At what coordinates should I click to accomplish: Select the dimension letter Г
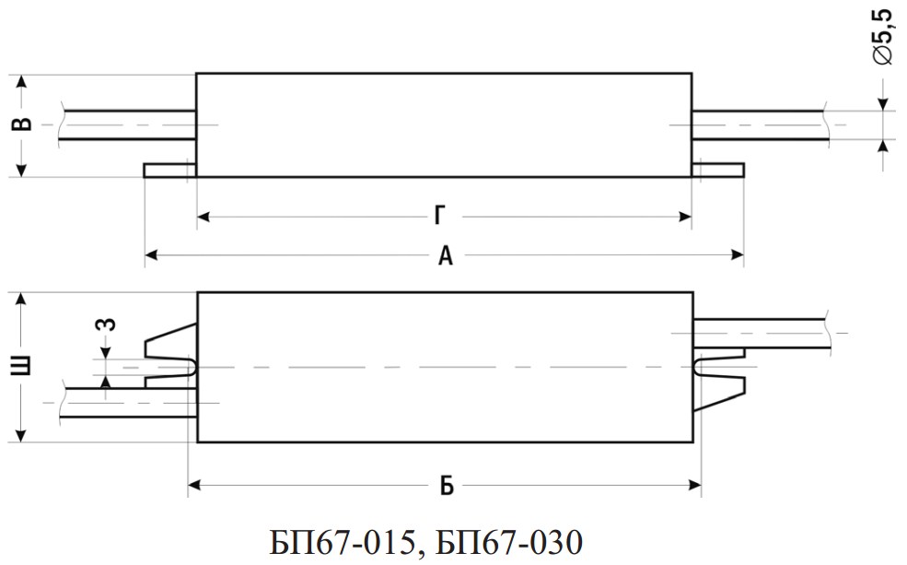[x=440, y=216]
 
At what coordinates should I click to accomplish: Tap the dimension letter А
[x=445, y=254]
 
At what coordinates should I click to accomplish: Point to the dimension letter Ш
[x=21, y=367]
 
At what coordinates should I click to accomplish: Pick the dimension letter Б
[x=447, y=486]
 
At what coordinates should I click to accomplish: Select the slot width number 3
[x=107, y=324]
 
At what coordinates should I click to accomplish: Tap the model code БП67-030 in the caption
[x=509, y=543]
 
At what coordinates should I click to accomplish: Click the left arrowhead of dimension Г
[x=203, y=218]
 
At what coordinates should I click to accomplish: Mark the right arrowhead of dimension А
[x=738, y=254]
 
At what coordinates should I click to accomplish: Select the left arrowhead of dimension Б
[x=194, y=485]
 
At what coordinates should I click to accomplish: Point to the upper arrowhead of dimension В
[x=21, y=81]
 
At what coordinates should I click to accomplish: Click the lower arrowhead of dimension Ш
[x=21, y=435]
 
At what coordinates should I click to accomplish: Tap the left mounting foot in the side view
[x=170, y=171]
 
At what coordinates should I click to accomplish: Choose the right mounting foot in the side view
[x=718, y=171]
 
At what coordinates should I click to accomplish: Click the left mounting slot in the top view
[x=171, y=367]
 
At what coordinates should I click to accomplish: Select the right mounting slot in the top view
[x=719, y=367]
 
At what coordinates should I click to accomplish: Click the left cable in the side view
[x=127, y=125]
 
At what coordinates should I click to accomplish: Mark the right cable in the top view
[x=762, y=333]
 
